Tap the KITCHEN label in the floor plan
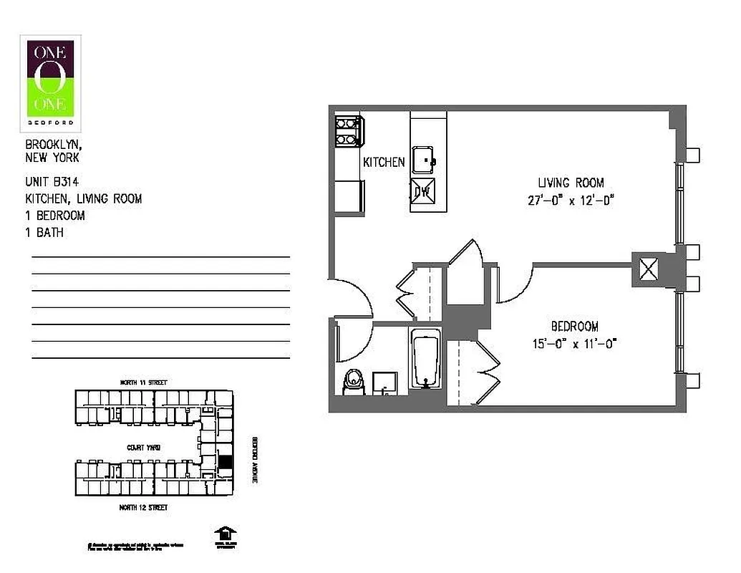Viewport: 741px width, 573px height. pos(384,163)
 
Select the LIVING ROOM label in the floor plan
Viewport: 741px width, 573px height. pos(571,183)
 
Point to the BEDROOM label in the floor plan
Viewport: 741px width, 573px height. pos(575,325)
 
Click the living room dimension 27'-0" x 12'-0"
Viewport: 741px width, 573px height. pos(571,201)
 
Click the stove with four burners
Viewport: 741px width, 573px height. pos(349,130)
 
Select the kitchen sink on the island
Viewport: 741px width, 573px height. pos(427,159)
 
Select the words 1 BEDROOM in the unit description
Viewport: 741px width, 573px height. pos(55,216)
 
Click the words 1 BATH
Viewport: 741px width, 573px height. pos(44,232)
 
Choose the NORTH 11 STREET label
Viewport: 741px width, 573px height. pos(143,383)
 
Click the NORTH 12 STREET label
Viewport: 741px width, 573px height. pos(143,507)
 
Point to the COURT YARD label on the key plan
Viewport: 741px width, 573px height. pos(143,447)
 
